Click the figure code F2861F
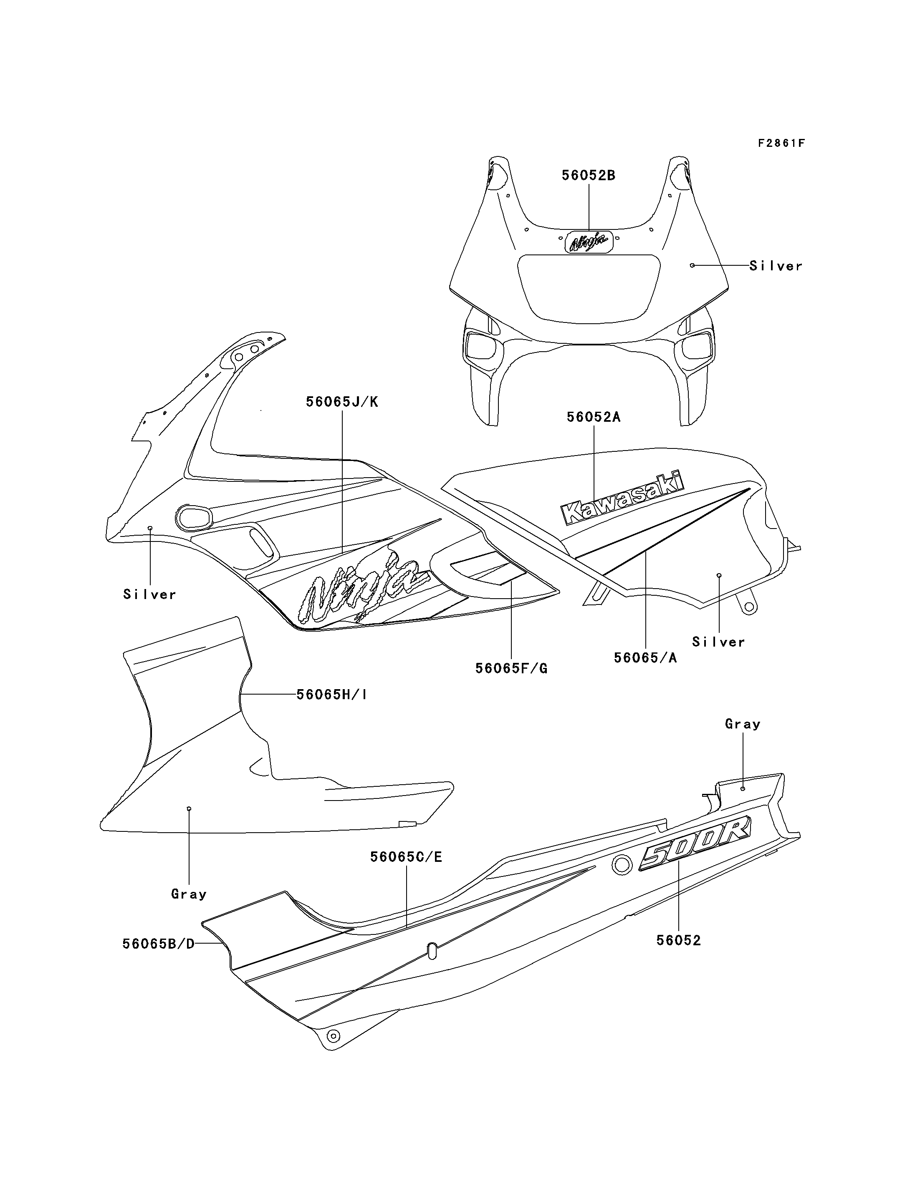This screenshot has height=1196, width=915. tap(781, 143)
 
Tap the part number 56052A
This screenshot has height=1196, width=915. tap(594, 417)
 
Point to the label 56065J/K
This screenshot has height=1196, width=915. tap(342, 402)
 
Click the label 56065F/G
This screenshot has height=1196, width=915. tap(511, 668)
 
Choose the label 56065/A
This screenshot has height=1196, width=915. tap(645, 657)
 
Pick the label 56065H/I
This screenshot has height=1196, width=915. tap(332, 695)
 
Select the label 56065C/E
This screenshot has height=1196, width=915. tap(406, 857)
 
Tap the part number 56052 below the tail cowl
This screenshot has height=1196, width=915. tap(679, 940)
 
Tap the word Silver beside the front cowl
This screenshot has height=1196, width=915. tap(776, 266)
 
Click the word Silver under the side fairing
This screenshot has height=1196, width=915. tap(150, 594)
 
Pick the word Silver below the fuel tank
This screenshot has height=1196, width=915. tap(718, 642)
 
